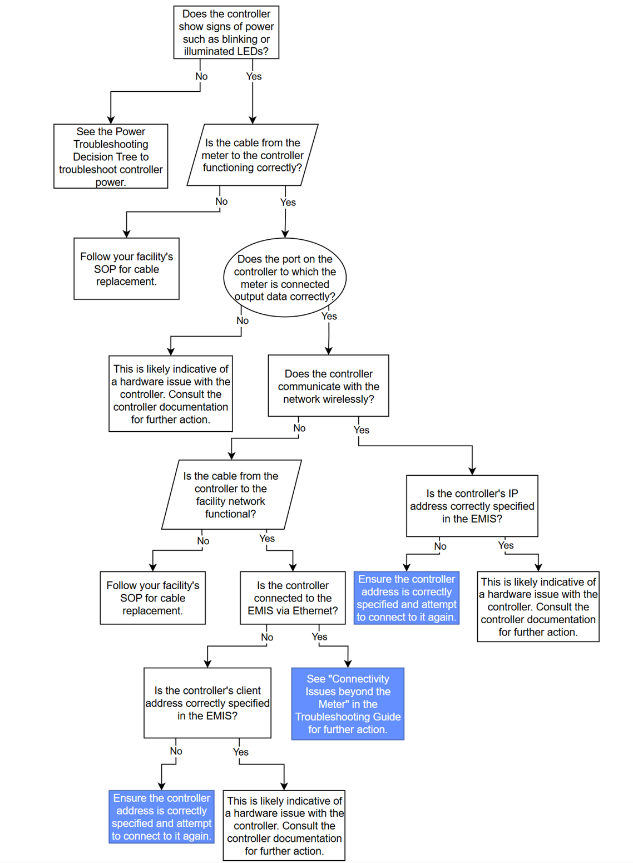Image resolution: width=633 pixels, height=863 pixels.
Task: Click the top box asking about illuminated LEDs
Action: (x=226, y=32)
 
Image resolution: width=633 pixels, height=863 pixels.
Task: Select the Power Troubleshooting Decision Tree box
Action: (x=111, y=156)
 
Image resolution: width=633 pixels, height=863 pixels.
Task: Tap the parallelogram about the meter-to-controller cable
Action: (x=253, y=155)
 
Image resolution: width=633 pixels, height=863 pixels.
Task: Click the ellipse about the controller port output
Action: (x=285, y=278)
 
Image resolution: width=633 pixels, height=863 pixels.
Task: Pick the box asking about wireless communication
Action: (x=328, y=386)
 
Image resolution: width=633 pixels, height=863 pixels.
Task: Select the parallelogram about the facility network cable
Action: (x=231, y=495)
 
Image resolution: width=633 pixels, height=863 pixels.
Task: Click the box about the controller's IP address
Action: (x=472, y=506)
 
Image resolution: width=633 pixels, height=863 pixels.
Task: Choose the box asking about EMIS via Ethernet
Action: (x=293, y=598)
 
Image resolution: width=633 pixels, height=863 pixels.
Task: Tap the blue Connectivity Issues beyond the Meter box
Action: (x=348, y=704)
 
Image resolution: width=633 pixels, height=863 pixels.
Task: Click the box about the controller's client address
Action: (x=207, y=703)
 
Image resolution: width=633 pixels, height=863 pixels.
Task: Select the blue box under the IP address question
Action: (x=407, y=598)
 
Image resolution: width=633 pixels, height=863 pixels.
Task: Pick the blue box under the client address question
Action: (x=162, y=817)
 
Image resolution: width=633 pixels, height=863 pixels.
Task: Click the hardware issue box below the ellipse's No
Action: (x=171, y=394)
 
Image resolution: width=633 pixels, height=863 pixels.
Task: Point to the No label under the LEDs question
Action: (x=201, y=77)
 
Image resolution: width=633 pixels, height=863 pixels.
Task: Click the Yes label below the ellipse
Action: (x=329, y=317)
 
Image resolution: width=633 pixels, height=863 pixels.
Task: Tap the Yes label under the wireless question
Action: (x=362, y=430)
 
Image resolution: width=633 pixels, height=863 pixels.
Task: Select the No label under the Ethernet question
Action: (x=267, y=638)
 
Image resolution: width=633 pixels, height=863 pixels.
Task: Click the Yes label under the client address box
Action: (x=241, y=752)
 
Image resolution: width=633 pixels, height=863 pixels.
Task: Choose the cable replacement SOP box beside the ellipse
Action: (x=126, y=269)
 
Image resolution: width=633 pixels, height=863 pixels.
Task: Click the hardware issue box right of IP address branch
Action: (x=538, y=606)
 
